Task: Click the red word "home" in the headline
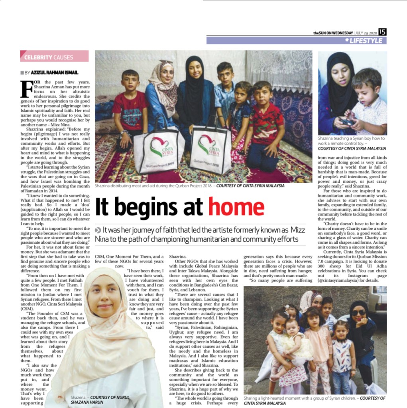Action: (236, 207)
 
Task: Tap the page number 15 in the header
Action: (383, 32)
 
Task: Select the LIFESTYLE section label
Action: (366, 41)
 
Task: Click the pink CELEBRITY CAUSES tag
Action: (54, 57)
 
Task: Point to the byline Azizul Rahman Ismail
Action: (54, 73)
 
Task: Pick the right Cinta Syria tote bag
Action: (210, 149)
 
